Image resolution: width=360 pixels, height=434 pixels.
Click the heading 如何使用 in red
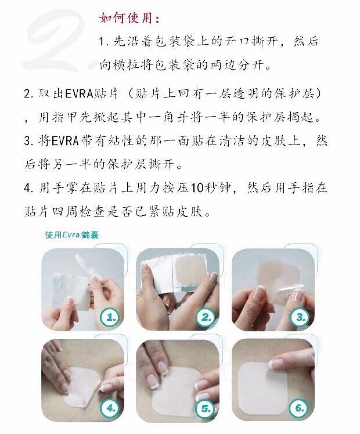tap(129, 18)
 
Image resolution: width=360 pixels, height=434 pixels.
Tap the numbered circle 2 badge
tap(205, 317)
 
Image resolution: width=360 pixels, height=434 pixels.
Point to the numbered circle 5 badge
tap(205, 408)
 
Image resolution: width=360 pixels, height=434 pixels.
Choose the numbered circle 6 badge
tap(299, 408)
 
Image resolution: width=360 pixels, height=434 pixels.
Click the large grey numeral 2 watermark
tap(55, 44)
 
